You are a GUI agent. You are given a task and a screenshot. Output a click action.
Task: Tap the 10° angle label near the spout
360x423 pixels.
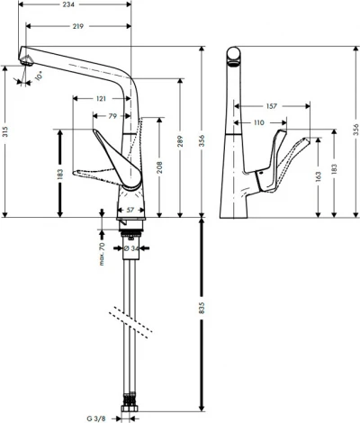coord(39,77)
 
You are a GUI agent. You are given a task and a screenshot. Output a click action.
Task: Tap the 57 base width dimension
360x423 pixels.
coord(130,210)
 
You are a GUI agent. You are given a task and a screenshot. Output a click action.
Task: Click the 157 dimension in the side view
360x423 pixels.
coord(271,104)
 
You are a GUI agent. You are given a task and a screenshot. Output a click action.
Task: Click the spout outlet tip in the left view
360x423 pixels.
coord(27,60)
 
